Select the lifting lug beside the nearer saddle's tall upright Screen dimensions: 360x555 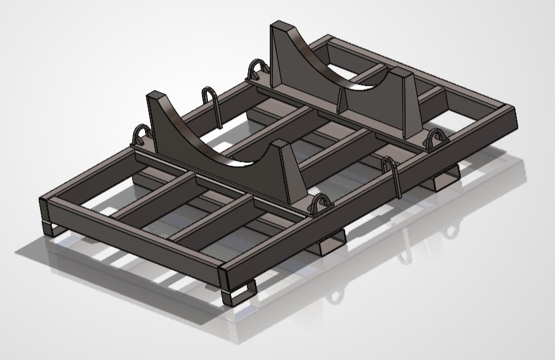[143, 134]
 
